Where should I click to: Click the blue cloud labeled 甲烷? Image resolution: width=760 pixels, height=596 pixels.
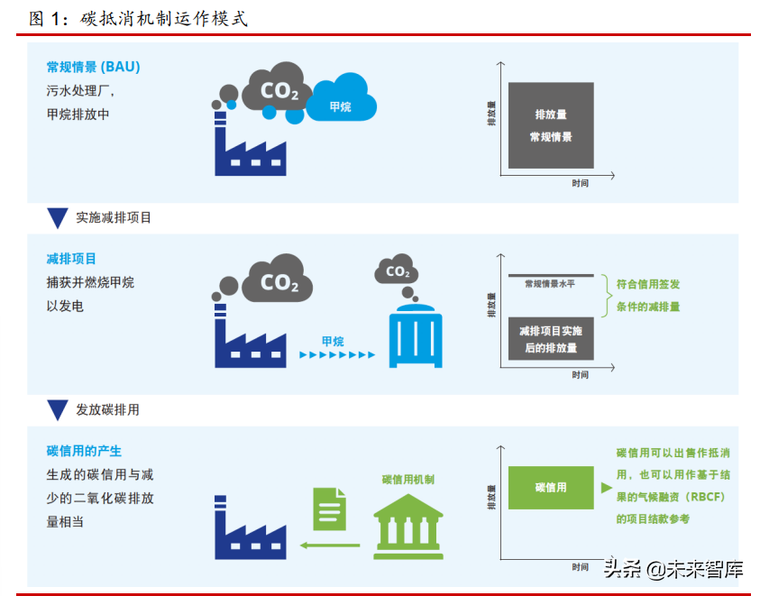point(341,98)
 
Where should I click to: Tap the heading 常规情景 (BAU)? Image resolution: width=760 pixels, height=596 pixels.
point(93,67)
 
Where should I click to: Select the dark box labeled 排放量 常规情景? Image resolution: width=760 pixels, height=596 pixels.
point(551,125)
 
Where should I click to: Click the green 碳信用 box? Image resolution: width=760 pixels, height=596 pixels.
point(551,488)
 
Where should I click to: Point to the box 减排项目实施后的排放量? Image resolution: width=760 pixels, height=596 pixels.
point(551,339)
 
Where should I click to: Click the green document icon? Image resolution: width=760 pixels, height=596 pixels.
point(330,509)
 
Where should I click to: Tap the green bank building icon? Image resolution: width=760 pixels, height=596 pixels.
point(408,527)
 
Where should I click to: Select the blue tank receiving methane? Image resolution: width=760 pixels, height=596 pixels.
point(416,335)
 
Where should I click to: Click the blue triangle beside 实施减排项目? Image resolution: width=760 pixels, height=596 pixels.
point(58,217)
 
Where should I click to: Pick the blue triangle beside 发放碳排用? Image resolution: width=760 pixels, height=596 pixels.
point(58,409)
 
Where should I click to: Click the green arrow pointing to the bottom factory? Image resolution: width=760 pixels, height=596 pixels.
point(330,546)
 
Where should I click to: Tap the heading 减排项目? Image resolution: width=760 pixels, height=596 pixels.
point(71,259)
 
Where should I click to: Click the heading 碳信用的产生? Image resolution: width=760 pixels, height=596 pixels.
point(84,451)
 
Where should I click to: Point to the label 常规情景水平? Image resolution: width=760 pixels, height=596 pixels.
point(550,284)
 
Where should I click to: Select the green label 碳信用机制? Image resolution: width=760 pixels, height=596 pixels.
point(408,480)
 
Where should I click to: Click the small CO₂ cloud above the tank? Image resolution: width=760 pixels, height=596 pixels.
point(397,270)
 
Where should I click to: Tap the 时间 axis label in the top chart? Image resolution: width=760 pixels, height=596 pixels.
point(581,183)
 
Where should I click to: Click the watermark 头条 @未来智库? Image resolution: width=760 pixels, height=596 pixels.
point(673,569)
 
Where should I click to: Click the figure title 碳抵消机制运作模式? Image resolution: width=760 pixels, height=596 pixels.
point(164,18)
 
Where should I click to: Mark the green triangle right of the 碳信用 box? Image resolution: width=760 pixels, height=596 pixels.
point(607,488)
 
